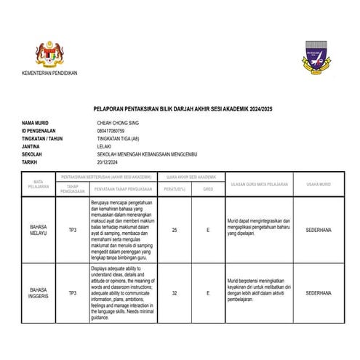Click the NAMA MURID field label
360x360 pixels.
pyautogui.click(x=36, y=123)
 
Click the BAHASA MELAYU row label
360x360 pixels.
pyautogui.click(x=39, y=230)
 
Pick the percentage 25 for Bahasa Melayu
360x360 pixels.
pyautogui.click(x=175, y=230)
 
